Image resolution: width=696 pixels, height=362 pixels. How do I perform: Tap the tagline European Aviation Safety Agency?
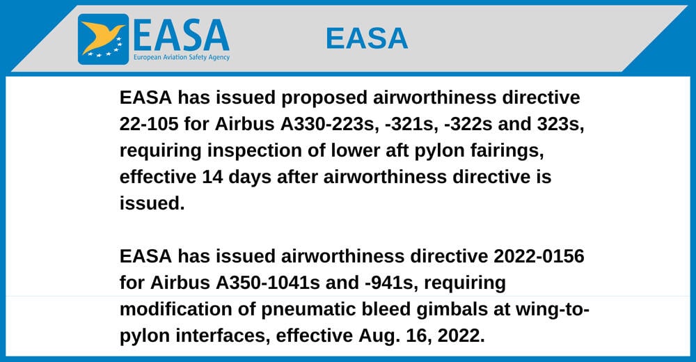[x=182, y=57]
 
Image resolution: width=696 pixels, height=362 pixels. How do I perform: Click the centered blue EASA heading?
[x=367, y=38]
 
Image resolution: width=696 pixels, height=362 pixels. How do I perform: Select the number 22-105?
[x=149, y=124]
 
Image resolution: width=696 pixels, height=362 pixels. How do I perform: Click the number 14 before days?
[x=212, y=177]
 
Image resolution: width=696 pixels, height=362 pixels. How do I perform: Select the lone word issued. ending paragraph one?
[x=152, y=203]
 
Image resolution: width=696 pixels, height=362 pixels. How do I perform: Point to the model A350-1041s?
[x=268, y=283]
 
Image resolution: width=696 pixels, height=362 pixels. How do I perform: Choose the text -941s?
[x=391, y=283]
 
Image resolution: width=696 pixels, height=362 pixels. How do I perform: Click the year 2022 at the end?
[x=461, y=336]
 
